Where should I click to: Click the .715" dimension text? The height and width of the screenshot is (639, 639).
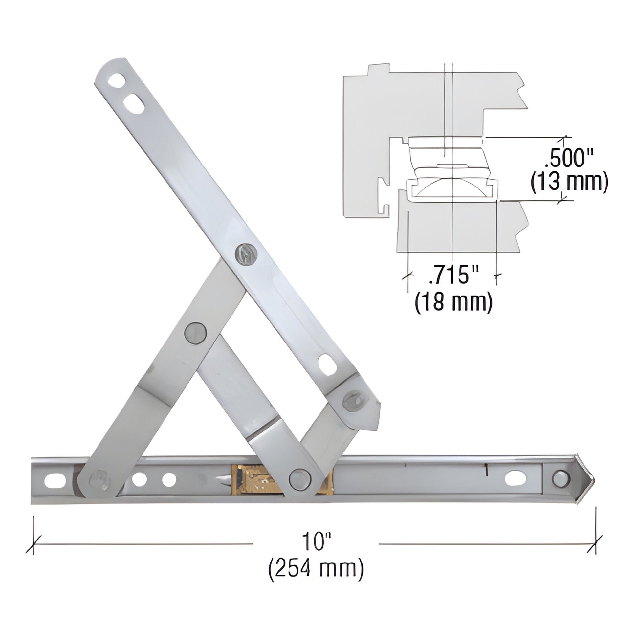pos(453,275)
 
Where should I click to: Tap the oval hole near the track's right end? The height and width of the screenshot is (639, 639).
pos(516,478)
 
